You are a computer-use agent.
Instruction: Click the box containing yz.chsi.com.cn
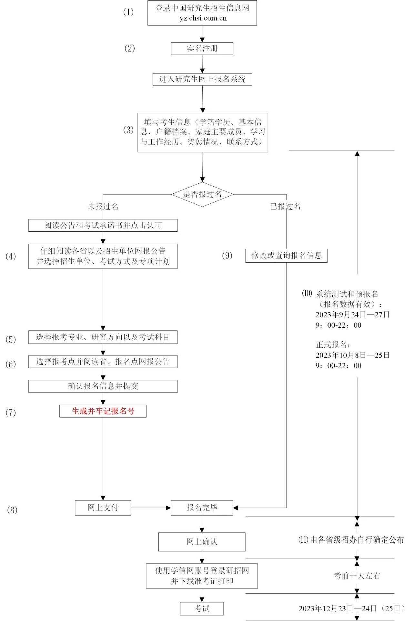pos(202,13)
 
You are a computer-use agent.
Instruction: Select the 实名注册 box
pos(202,49)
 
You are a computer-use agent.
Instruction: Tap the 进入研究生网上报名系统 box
pos(202,79)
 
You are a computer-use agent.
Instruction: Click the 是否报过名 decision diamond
pos(202,194)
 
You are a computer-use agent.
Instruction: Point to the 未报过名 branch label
pos(103,207)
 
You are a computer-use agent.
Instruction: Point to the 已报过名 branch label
pos(285,206)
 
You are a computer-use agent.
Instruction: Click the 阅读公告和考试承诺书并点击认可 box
pos(103,225)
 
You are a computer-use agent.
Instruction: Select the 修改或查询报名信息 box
pos(286,256)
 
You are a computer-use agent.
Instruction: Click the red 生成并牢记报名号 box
pos(103,411)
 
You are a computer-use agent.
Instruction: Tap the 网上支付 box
pos(103,508)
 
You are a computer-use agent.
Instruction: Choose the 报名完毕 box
pos(202,508)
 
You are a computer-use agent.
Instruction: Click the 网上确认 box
pos(202,542)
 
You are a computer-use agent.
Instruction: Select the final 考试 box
pos(202,608)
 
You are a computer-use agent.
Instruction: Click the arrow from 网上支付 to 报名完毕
pos(151,508)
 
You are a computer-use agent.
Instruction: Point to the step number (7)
pos(11,412)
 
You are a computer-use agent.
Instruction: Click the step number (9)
pos(227,256)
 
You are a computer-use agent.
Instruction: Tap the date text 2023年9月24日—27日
pos(352,315)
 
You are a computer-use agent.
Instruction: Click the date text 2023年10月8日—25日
pos(352,355)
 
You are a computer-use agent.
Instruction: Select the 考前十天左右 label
pos(357,576)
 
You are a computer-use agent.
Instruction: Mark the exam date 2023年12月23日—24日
pos(337,608)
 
